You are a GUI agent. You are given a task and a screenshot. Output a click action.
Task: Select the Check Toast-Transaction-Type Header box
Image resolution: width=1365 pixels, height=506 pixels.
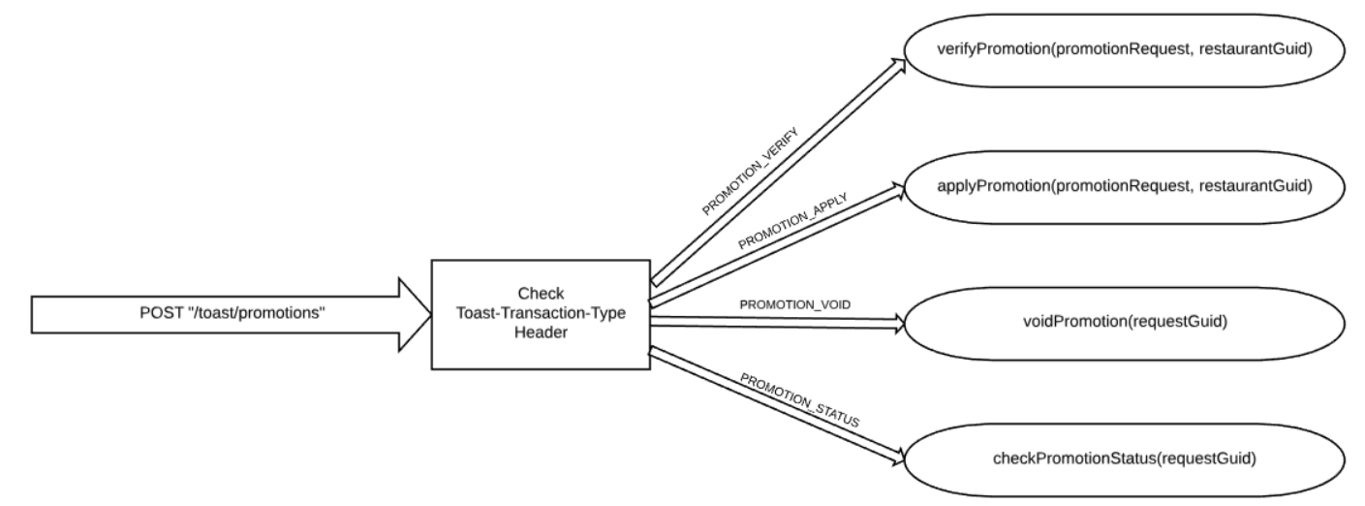pyautogui.click(x=540, y=313)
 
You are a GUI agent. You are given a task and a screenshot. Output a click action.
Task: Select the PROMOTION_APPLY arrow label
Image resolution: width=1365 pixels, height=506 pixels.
pyautogui.click(x=792, y=220)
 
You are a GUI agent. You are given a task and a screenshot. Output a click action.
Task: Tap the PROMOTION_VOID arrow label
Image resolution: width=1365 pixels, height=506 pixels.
pyautogui.click(x=795, y=304)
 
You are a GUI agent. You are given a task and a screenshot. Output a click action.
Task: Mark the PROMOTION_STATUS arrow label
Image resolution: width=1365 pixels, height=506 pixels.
pyautogui.click(x=800, y=395)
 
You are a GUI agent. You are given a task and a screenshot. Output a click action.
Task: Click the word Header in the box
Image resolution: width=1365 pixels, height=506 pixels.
pyautogui.click(x=540, y=331)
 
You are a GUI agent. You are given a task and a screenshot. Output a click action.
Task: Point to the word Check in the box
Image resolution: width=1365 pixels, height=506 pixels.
pyautogui.click(x=540, y=294)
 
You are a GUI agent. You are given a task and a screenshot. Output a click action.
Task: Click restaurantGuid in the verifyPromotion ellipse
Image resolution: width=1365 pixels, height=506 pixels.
pyautogui.click(x=1258, y=49)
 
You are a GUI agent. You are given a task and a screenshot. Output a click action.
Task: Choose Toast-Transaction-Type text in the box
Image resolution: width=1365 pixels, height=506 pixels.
pyautogui.click(x=540, y=312)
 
